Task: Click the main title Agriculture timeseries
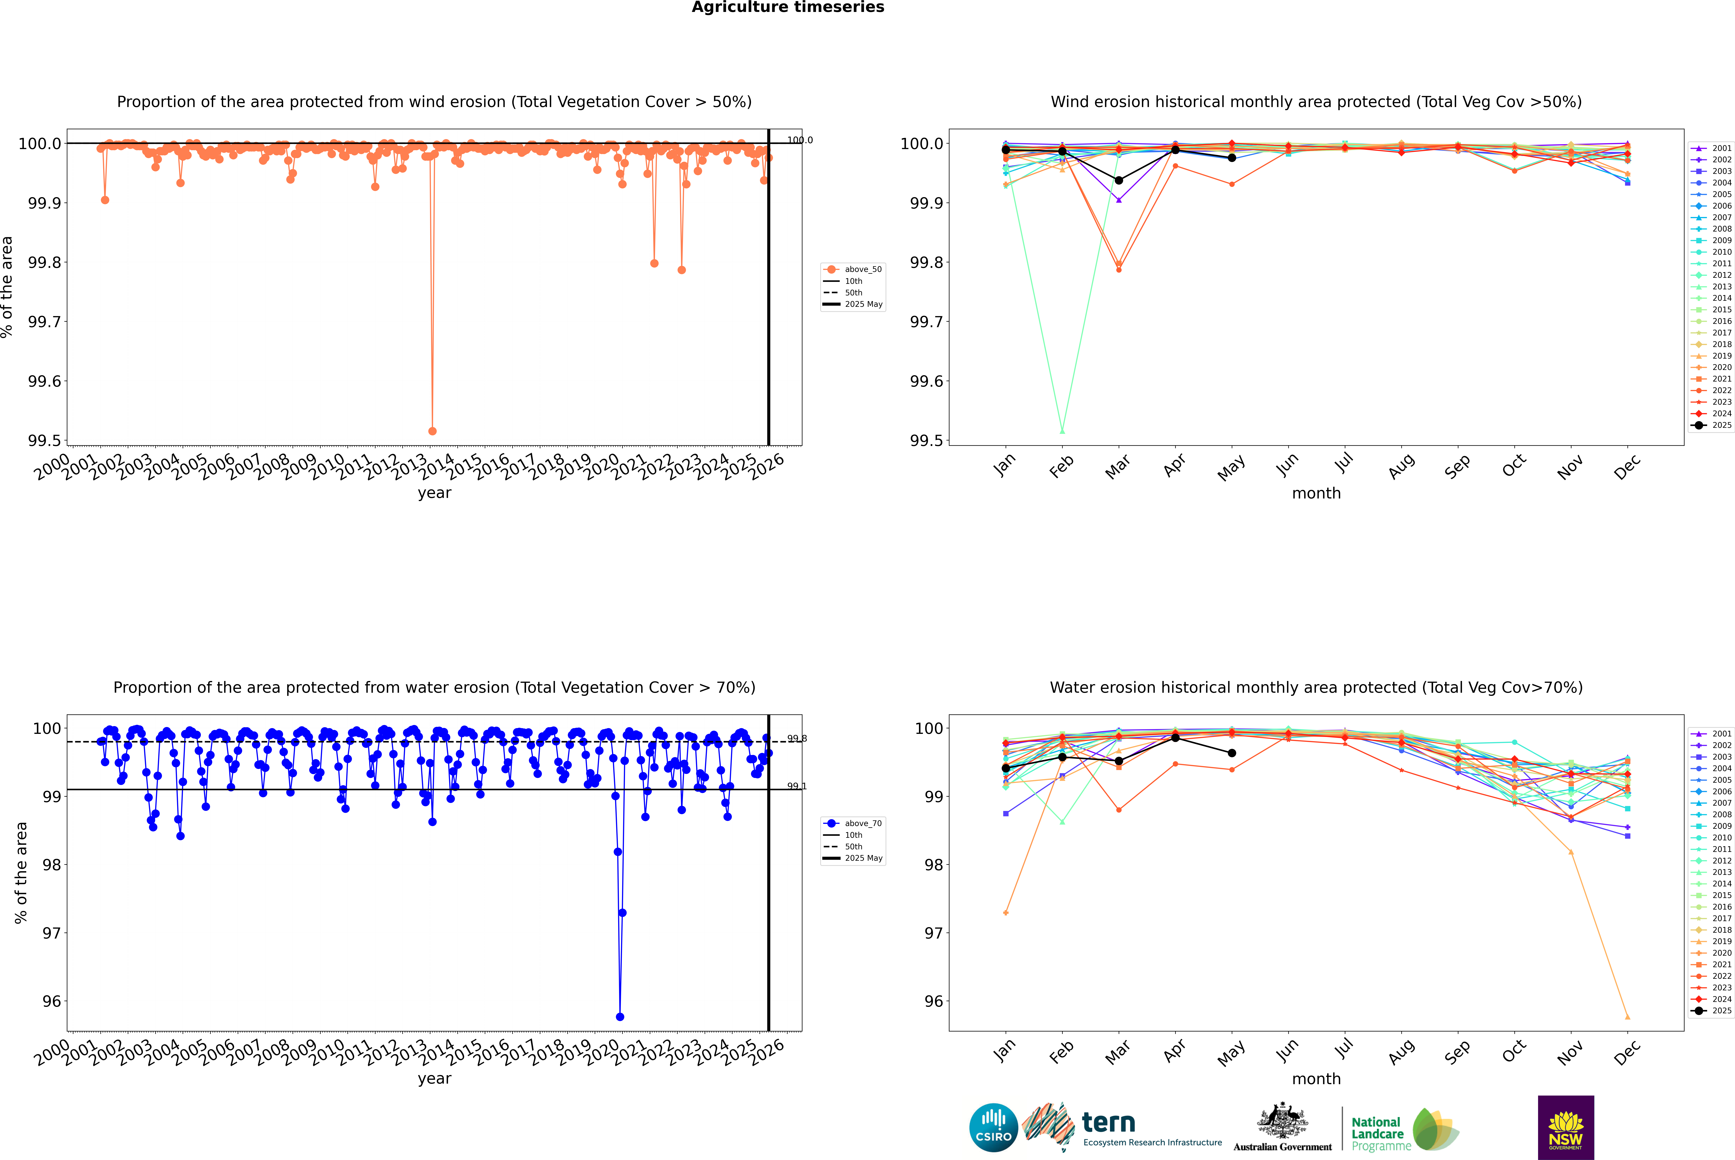point(788,7)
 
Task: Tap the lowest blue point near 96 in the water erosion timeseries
point(620,1016)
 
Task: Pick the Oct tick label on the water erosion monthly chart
point(1513,1050)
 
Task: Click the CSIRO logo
point(993,1128)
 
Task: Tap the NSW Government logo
point(1566,1128)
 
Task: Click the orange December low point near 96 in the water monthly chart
point(1627,1016)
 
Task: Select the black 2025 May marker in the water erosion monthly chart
point(1231,753)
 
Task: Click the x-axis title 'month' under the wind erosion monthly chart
point(1316,494)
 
